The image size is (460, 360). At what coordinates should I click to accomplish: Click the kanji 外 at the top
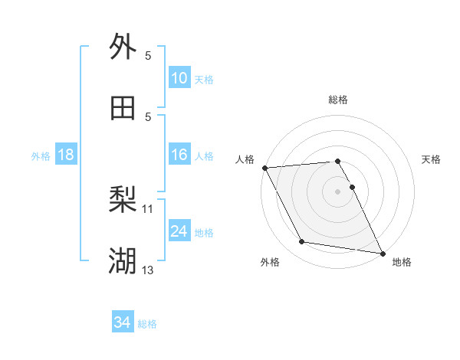[x=123, y=47]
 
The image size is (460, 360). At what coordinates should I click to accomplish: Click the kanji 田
[x=123, y=108]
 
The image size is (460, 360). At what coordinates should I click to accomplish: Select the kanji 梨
[x=123, y=201]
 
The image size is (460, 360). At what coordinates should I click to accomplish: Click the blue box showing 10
[x=179, y=78]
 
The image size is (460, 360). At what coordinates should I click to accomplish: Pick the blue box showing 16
[x=179, y=155]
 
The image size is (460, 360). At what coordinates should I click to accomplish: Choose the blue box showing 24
[x=179, y=231]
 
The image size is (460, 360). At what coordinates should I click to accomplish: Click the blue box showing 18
[x=66, y=155]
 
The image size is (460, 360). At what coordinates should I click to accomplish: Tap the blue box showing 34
[x=123, y=323]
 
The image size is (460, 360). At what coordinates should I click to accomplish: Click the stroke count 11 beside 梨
[x=148, y=208]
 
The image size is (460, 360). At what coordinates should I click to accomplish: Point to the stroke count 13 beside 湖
[x=148, y=270]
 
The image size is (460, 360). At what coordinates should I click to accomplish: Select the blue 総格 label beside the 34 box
[x=147, y=325]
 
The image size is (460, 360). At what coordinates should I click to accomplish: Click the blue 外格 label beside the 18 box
[x=41, y=156]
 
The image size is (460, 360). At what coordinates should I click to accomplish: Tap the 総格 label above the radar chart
[x=338, y=100]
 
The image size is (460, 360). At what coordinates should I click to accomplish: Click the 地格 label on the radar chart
[x=402, y=263]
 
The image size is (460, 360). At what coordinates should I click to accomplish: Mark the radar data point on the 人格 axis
[x=264, y=168]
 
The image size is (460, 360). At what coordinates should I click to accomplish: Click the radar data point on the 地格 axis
[x=382, y=252]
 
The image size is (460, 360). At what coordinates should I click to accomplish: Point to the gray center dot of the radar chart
[x=338, y=191]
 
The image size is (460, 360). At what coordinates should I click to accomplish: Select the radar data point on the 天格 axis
[x=353, y=187]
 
